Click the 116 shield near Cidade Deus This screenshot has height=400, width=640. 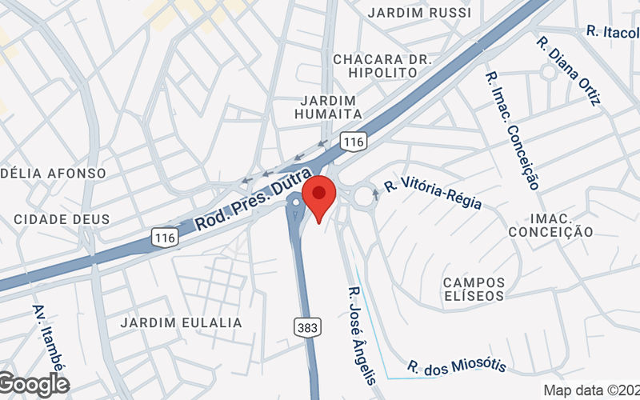tap(165, 237)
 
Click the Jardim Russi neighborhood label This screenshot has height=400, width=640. tap(419, 13)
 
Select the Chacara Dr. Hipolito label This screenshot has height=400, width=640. tap(382, 66)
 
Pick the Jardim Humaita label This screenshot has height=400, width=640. tap(330, 107)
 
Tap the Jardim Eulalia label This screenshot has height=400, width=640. tap(181, 322)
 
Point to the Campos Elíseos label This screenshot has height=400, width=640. tap(474, 289)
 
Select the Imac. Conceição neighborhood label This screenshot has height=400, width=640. tap(550, 225)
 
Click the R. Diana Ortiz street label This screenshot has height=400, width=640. tap(569, 70)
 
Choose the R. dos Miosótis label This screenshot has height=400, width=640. tap(457, 366)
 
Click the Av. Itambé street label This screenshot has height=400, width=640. tap(48, 336)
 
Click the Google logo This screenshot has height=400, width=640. tap(34, 385)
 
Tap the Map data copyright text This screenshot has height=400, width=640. tap(591, 390)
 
